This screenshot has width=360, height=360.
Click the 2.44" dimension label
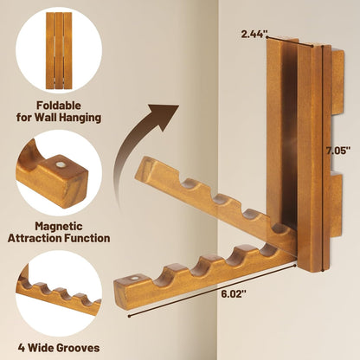(254, 35)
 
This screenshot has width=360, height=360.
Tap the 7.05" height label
(338, 151)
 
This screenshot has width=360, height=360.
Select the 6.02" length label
(234, 294)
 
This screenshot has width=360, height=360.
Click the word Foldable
(59, 106)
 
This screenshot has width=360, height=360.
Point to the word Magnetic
(59, 226)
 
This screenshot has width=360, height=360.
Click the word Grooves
(78, 348)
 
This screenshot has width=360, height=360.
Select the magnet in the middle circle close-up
(61, 165)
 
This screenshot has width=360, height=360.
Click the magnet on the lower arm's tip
(133, 280)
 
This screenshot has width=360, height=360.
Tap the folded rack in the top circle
(59, 50)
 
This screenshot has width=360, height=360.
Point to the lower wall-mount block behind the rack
(336, 204)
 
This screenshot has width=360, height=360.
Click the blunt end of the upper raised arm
(145, 171)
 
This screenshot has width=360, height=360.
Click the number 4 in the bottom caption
(22, 348)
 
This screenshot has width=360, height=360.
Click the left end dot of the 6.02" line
(129, 316)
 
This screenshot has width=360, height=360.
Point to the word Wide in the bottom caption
(40, 348)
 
